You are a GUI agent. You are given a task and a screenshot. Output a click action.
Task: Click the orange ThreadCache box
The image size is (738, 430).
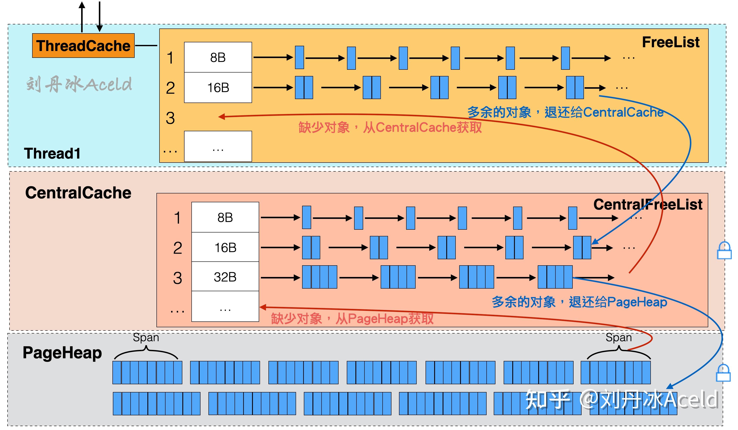[83, 46]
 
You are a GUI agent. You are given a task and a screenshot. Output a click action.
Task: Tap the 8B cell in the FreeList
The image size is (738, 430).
[218, 57]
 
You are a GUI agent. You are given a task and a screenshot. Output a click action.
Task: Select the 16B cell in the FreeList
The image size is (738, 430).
[218, 88]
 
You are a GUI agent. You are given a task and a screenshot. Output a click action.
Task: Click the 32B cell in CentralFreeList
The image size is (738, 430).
[225, 277]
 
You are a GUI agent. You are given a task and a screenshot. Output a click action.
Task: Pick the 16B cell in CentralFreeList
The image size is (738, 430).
[225, 248]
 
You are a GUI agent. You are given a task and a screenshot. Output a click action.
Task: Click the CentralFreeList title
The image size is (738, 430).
[648, 204]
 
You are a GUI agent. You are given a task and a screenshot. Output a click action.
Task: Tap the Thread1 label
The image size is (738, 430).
[52, 153]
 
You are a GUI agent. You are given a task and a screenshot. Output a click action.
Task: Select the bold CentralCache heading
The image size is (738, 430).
[78, 193]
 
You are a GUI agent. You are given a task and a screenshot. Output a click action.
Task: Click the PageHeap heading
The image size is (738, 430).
[62, 353]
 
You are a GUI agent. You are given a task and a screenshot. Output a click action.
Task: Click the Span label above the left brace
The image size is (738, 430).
[146, 337]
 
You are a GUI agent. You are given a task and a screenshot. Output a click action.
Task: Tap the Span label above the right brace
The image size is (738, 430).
[618, 337]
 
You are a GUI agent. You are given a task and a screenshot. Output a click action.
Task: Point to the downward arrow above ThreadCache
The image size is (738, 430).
[99, 16]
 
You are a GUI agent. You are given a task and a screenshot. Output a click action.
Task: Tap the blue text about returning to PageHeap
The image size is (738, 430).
[579, 302]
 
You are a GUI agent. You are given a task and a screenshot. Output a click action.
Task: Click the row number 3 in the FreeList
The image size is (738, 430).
[170, 118]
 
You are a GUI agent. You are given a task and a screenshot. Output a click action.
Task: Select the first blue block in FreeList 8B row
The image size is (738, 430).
[299, 57]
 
